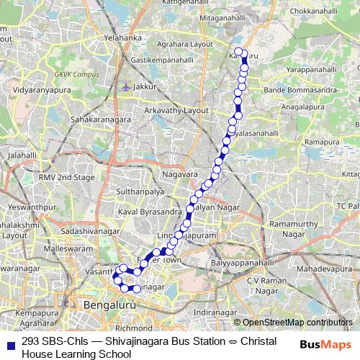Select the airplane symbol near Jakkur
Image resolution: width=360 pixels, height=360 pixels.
[x=127, y=86]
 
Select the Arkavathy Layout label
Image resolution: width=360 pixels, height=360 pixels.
[x=176, y=112]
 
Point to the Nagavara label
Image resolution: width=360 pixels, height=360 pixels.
[x=179, y=174]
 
